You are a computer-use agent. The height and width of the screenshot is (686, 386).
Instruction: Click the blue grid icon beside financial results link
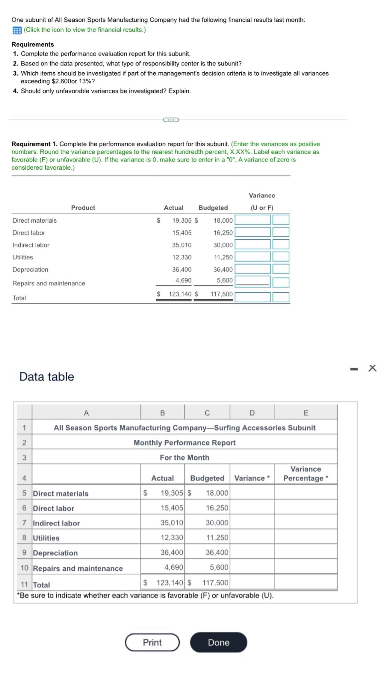[17, 30]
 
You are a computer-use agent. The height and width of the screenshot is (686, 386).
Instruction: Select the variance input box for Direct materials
[252, 220]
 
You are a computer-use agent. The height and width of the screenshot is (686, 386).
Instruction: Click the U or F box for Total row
[281, 297]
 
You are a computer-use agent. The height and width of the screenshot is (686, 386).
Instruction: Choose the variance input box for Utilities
[252, 257]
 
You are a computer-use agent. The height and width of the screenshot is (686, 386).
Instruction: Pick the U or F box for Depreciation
[281, 269]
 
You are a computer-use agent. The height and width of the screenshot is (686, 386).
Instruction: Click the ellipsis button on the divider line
[171, 120]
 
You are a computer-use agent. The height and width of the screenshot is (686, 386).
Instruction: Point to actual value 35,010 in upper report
[182, 245]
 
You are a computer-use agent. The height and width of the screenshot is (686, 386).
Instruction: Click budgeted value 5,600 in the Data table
[219, 567]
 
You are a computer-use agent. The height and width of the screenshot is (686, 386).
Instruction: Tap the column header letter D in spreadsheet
[252, 413]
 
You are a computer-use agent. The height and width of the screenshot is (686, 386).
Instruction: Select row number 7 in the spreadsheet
[24, 523]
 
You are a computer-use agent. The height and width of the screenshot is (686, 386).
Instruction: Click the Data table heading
[47, 377]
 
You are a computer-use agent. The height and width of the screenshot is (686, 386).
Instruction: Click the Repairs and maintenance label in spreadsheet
[78, 568]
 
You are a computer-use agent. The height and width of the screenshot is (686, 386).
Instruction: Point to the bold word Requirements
[33, 44]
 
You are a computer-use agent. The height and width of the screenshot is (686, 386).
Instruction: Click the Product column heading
[83, 208]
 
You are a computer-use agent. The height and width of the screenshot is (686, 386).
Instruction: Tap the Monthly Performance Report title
[184, 443]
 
